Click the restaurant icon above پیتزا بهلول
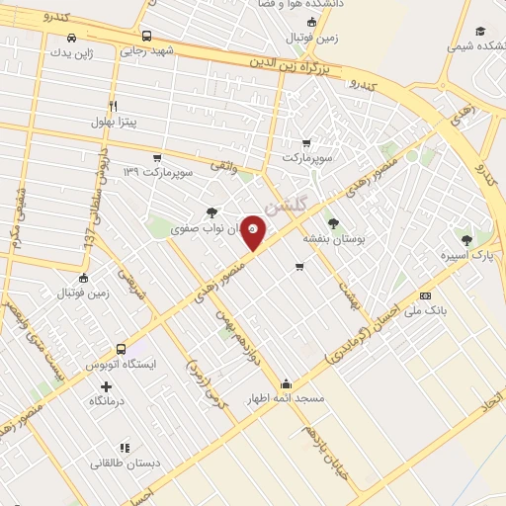point(114,106)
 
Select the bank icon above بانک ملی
point(425,295)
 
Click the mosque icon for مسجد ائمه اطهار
point(287,384)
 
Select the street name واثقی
point(224,172)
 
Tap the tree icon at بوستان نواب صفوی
point(211,211)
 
